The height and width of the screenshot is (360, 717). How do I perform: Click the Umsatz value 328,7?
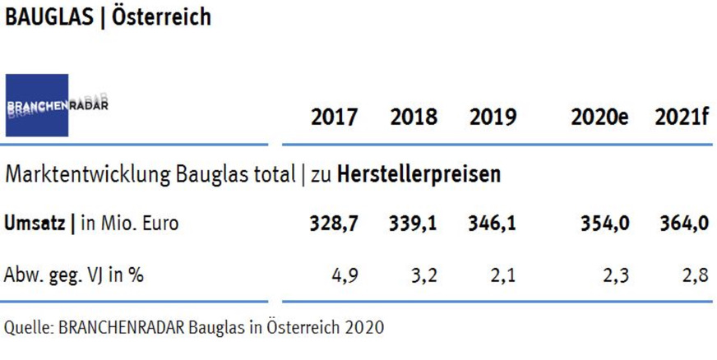(334, 224)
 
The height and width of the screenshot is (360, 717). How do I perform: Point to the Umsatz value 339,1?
(414, 224)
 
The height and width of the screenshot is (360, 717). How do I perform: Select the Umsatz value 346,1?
(493, 224)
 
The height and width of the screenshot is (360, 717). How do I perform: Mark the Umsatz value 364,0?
(683, 224)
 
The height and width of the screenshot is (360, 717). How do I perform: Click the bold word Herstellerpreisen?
(433, 174)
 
